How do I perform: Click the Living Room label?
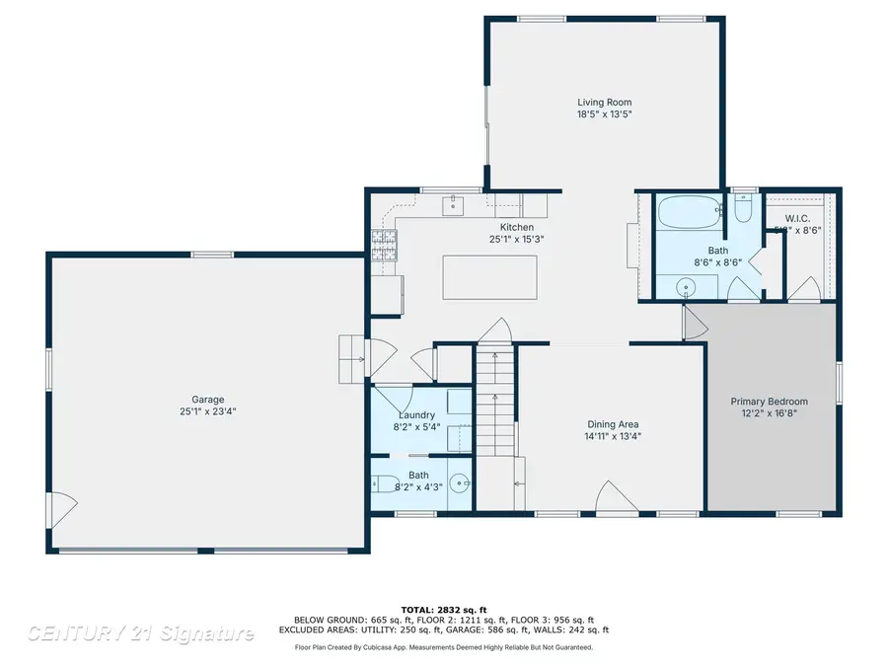(604, 103)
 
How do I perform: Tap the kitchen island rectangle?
(490, 277)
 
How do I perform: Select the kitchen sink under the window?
(456, 205)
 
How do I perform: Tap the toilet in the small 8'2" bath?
(384, 484)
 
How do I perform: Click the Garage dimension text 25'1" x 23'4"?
(207, 411)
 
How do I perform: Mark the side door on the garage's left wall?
(62, 510)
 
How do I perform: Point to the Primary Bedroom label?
(769, 402)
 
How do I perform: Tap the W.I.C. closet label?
(798, 218)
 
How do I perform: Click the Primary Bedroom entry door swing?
(695, 323)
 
